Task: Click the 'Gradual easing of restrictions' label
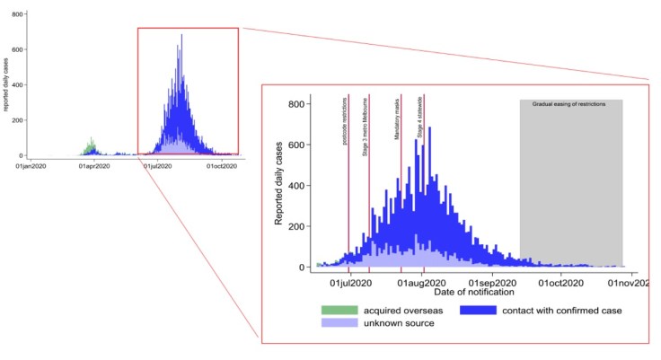[569, 104]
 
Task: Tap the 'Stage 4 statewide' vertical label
[419, 119]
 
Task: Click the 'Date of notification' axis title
[474, 292]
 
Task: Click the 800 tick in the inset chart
[293, 104]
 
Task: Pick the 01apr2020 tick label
[93, 166]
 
